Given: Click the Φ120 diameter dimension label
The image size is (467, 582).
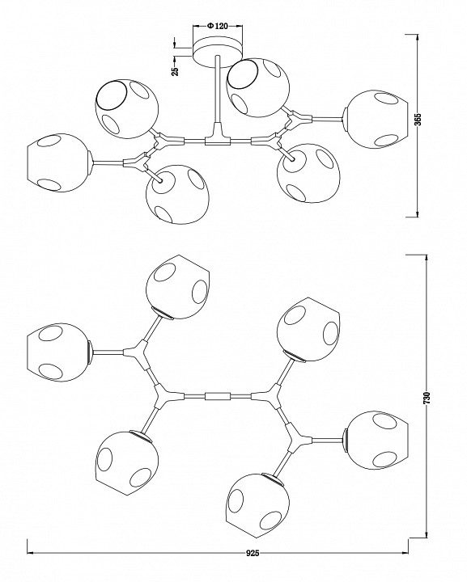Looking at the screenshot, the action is tap(218, 26).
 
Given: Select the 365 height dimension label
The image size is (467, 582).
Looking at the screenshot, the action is tap(418, 120).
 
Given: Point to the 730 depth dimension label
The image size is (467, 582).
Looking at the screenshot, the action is tap(427, 398).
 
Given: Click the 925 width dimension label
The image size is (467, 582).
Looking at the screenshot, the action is tap(253, 553).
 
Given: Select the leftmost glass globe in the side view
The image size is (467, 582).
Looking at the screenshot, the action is tap(59, 162).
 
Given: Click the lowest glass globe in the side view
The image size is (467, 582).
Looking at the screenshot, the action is tap(177, 194).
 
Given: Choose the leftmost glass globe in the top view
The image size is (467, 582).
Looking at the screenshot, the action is tap(58, 352).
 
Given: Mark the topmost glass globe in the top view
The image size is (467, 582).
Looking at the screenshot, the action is tap(178, 286).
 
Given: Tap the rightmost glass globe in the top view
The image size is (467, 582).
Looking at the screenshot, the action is tap(376, 440).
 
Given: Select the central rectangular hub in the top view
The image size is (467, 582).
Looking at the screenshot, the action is tap(218, 396).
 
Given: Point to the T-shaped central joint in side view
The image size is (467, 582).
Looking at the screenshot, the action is tap(218, 137).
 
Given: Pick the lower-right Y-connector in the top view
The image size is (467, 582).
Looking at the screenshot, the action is tap(298, 440).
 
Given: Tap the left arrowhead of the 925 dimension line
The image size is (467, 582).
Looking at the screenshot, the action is tap(31, 553).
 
